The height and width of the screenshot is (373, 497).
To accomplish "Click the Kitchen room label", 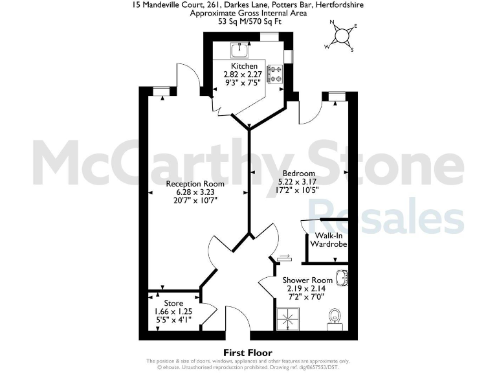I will point(245,66).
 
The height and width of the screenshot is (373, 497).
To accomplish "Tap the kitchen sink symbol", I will point(239,49).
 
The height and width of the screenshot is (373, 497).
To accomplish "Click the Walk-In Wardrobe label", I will point(328,240).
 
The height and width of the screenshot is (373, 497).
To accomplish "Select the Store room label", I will point(173,303).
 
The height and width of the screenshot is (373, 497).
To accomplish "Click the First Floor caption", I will point(248,353).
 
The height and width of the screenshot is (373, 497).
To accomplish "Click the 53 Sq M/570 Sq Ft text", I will point(248,21).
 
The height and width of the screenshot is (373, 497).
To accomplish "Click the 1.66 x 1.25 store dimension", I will point(173,311).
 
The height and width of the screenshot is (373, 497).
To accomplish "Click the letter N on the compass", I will point(333,23).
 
